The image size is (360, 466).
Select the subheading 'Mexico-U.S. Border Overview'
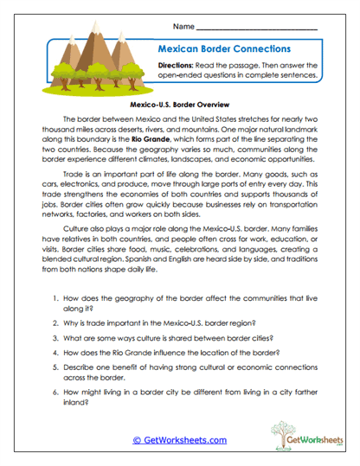coord(180,101)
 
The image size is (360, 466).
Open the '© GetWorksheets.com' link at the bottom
coord(179,440)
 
